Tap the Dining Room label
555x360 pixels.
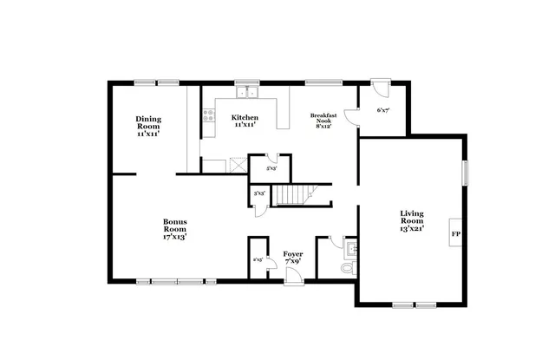point(148,127)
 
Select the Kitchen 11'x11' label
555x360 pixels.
point(245,121)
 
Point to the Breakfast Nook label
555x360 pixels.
point(324,121)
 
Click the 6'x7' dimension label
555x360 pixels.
point(382,111)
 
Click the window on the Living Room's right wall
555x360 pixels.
point(465,173)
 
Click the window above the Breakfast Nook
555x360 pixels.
point(316,83)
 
